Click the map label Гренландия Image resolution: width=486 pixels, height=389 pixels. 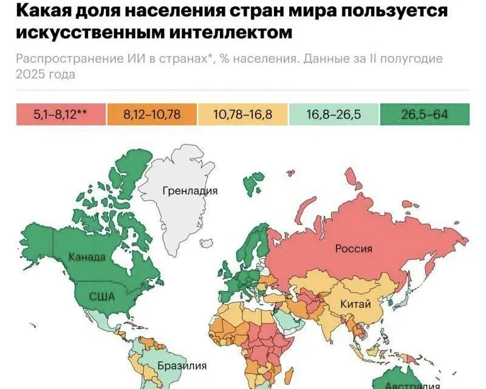[x=190, y=191]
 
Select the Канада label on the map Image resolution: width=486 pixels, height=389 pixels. [x=87, y=256]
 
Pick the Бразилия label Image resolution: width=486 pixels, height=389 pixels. [x=182, y=366]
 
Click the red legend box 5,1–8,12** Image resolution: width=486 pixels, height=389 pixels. [x=61, y=114]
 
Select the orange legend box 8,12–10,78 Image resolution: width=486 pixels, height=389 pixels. [x=152, y=114]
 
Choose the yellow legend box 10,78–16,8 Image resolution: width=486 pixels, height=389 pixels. [x=243, y=114]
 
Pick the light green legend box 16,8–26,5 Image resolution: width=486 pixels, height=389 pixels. [x=334, y=114]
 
